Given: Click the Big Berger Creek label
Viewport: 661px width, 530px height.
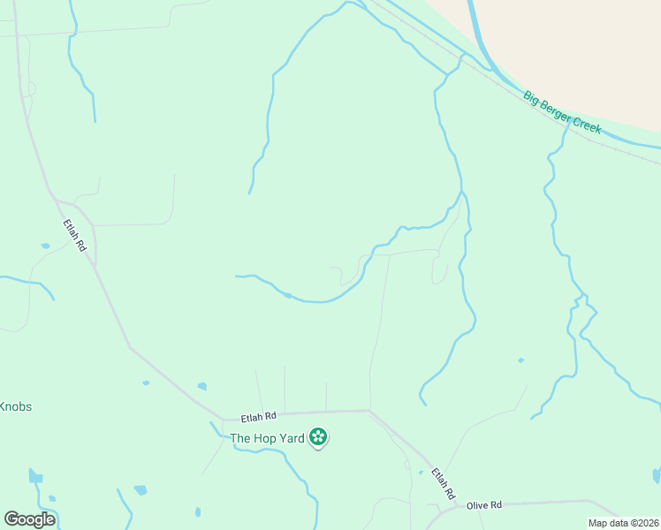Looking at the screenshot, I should tap(562, 112).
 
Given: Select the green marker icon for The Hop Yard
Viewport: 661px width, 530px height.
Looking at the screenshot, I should tap(318, 437).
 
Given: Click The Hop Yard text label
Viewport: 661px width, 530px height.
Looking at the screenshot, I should tap(267, 437).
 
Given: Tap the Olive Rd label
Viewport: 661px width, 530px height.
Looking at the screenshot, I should tap(484, 504).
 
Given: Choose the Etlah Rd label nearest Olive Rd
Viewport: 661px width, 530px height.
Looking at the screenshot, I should tap(444, 483).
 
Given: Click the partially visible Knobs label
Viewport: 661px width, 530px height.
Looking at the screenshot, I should tap(15, 407).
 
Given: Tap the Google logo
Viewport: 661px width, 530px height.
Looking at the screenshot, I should tap(29, 519).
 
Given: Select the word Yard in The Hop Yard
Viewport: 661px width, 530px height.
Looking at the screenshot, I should tap(294, 437).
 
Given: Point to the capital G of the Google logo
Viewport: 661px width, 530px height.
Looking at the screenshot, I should tap(11, 519).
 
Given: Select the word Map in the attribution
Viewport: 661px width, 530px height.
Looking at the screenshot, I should tap(596, 523).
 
